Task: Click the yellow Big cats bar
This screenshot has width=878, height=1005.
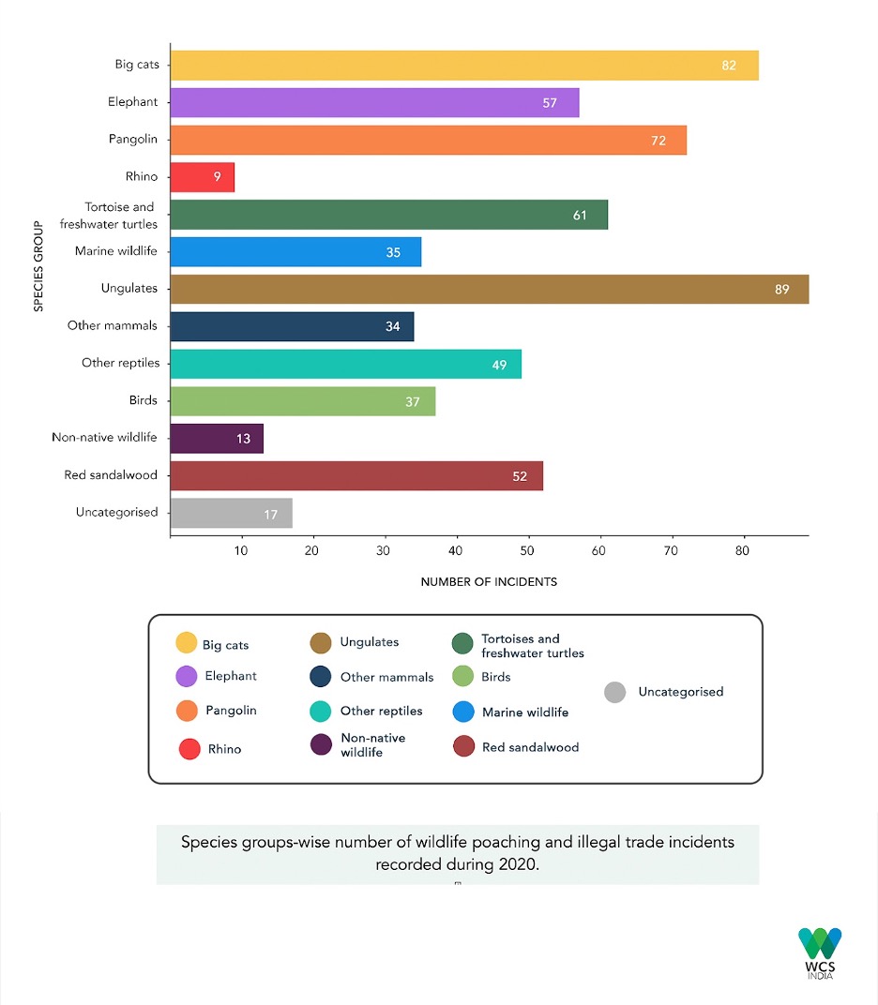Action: (x=463, y=66)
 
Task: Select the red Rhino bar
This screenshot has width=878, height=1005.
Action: (x=202, y=176)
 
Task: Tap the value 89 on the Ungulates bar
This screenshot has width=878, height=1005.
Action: (x=781, y=290)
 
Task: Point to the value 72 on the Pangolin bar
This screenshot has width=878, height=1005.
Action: (x=658, y=141)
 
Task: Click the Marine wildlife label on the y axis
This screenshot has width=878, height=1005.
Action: (x=116, y=251)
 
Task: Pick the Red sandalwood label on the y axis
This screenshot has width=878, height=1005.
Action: (x=111, y=475)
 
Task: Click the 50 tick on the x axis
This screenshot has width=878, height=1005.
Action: (x=528, y=550)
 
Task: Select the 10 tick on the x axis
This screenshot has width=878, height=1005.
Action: (x=241, y=550)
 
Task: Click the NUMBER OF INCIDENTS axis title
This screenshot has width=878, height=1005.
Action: (x=489, y=582)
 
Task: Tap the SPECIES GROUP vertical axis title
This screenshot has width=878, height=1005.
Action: (x=38, y=265)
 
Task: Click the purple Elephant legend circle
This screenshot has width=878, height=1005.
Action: (x=187, y=676)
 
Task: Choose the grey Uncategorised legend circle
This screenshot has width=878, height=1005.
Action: (x=615, y=693)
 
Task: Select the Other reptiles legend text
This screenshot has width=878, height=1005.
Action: (x=381, y=712)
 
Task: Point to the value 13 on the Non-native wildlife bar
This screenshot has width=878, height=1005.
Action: (x=243, y=439)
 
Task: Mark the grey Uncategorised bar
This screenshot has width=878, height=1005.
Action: (x=231, y=513)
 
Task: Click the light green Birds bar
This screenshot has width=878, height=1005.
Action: (x=302, y=401)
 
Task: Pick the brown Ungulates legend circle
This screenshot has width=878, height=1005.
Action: (x=321, y=643)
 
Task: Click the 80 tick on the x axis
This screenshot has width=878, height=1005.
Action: (x=743, y=550)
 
